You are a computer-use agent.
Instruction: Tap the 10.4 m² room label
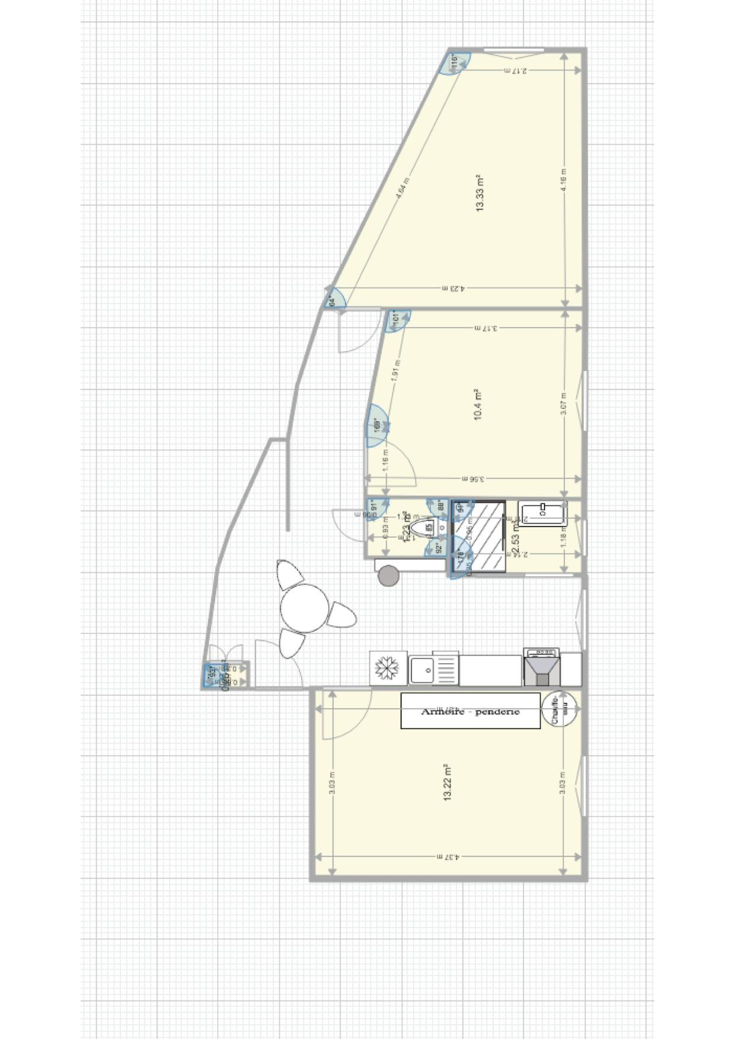point(478,405)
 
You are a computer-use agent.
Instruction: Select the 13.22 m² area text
point(448,783)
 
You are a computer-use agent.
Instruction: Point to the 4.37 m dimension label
point(448,857)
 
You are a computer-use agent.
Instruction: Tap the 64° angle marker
point(334,300)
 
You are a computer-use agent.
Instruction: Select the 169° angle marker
point(376,425)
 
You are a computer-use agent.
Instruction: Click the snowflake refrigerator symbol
point(388,669)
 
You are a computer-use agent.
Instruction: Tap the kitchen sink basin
point(422,670)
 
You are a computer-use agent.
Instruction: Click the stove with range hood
point(541,668)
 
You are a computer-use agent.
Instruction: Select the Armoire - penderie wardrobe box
point(471,711)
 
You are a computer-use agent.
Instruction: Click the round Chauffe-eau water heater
point(560,708)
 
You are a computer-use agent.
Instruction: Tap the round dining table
point(305,608)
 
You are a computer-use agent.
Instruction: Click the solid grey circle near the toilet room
point(389,576)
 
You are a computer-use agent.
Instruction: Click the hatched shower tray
point(479,537)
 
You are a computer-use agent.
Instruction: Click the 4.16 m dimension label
point(564,179)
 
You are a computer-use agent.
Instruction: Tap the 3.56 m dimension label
point(472,479)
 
